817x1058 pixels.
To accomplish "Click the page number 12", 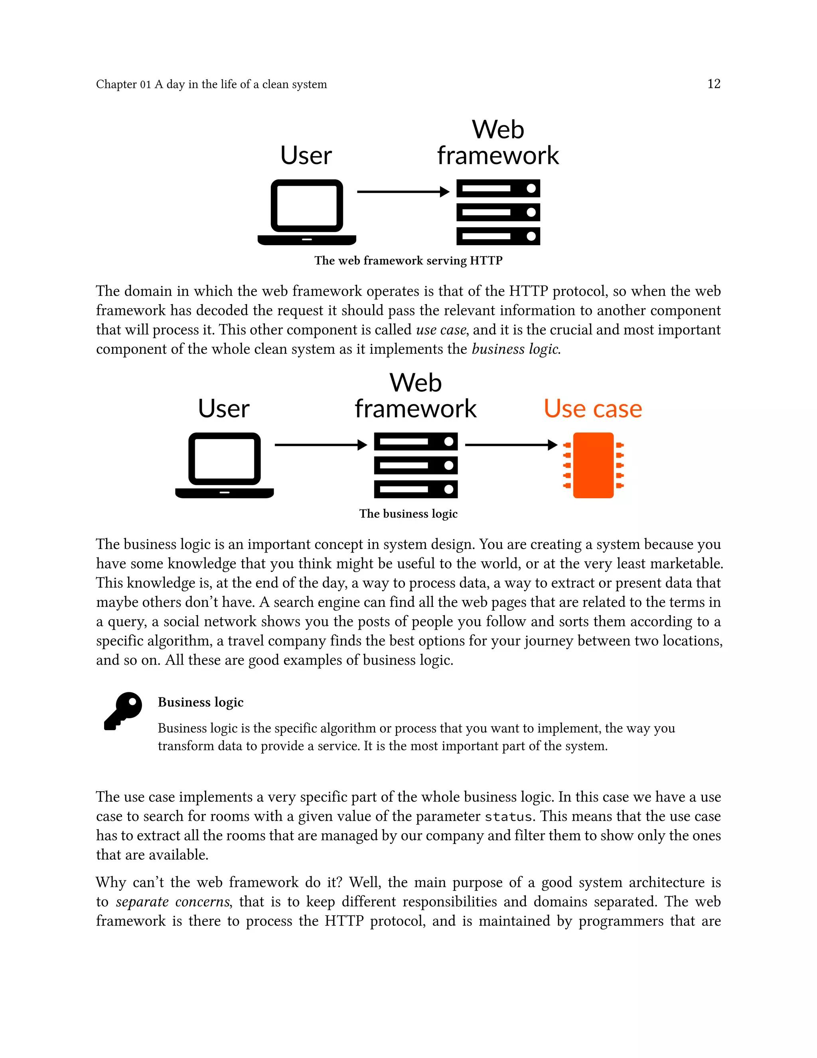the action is pos(713,84).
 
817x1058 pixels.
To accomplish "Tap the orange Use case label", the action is pos(592,408).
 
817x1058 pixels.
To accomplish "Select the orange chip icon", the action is pos(593,465).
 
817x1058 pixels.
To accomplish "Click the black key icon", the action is pos(123,711).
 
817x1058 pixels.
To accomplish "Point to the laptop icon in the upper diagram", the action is pos(307,212).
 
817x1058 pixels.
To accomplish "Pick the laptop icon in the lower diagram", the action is pos(225,465).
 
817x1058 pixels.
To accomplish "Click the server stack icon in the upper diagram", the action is pos(498,212).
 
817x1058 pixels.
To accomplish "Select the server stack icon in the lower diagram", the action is pos(416,465).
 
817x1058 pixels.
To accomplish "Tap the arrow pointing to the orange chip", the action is pos(511,445).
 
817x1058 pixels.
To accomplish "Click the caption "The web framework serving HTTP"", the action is pos(408,261).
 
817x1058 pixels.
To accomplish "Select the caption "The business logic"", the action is pos(408,513).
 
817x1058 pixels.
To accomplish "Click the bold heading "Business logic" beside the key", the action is pos(200,702).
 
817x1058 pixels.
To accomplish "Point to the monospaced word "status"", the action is pos(508,817).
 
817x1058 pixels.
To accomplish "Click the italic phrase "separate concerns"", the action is pos(173,901).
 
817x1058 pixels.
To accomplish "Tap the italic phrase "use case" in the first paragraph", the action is pos(441,329).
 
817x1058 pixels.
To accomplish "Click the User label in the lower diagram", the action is pos(224,408).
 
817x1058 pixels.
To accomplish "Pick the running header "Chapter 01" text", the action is pos(123,84).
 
